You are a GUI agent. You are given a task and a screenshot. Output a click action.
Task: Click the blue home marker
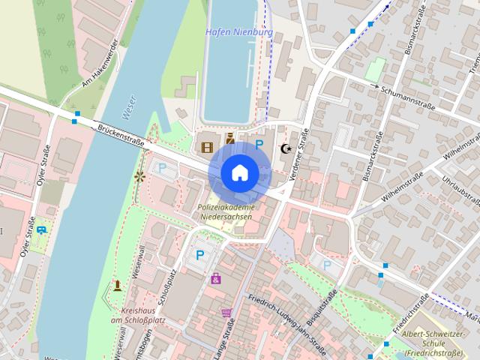point(239,173)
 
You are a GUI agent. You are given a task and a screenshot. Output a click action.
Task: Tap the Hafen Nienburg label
point(238,32)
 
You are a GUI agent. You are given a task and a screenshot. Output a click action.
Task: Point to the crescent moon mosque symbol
point(284,148)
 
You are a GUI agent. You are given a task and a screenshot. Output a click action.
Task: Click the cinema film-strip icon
point(207,145)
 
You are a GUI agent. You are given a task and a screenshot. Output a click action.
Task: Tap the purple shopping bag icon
point(216,278)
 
